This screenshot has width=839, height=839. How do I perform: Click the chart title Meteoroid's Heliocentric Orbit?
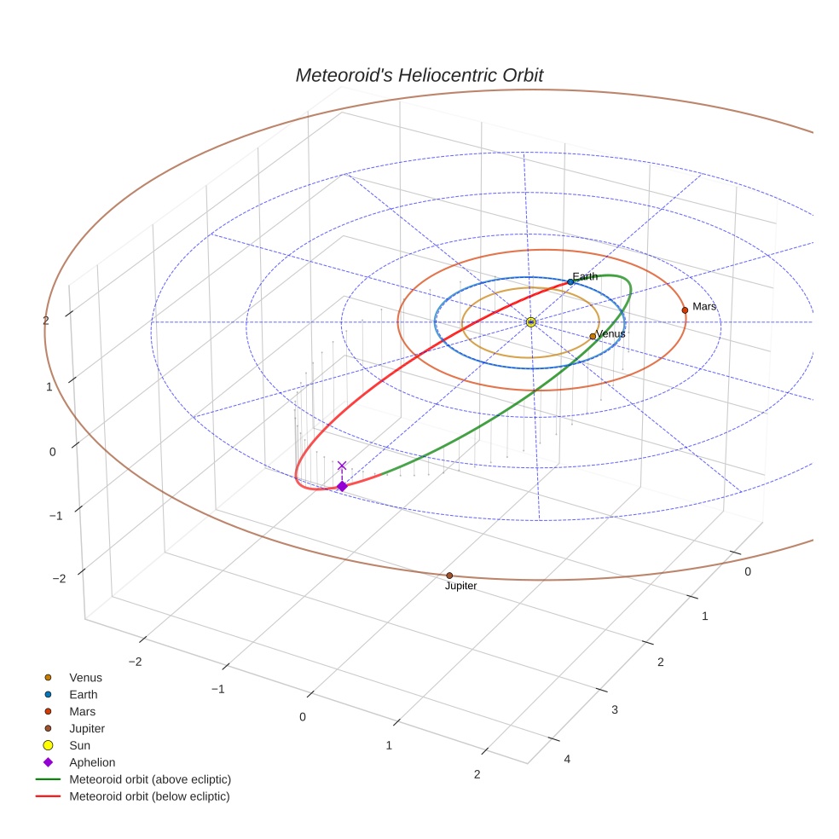419,76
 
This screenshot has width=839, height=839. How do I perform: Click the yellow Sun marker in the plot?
530,321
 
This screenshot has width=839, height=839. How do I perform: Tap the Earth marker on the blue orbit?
570,281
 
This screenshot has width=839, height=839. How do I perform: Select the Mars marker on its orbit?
685,310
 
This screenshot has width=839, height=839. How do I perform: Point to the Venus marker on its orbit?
593,336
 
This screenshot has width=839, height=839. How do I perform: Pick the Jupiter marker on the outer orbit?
449,576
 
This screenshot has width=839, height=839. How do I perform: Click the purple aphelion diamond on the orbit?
342,486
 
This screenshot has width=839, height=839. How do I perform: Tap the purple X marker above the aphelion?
342,466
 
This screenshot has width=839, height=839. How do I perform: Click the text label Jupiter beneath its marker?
460,587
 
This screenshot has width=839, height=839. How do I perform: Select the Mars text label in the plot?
704,306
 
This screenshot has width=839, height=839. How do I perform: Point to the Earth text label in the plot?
585,276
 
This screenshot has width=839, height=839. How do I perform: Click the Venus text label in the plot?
610,334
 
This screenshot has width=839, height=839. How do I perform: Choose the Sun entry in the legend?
80,745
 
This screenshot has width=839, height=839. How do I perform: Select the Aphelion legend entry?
92,762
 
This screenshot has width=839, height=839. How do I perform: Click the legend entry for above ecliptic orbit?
150,779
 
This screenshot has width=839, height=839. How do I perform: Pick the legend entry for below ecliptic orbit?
149,796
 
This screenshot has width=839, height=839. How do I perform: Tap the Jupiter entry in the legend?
87,728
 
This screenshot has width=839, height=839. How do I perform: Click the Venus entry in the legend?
85,677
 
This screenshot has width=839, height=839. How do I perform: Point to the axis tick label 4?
567,760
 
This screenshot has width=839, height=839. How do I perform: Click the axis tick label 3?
613,709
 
